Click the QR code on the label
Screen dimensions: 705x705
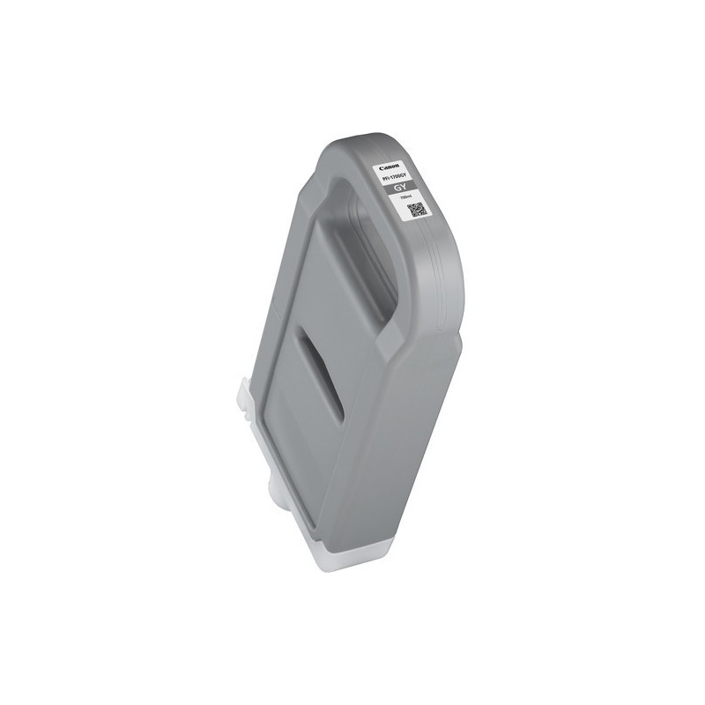pyautogui.click(x=417, y=210)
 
